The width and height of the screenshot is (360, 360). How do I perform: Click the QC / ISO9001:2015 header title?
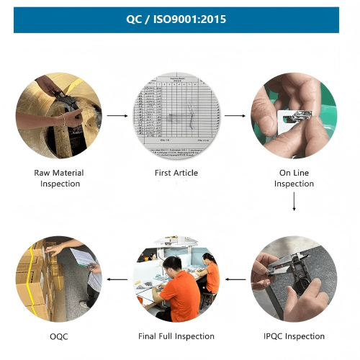[x=176, y=19]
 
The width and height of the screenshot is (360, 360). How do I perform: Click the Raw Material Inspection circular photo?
[x=59, y=115]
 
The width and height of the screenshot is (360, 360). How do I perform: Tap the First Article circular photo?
[x=176, y=115]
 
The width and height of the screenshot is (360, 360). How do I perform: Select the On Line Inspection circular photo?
[x=294, y=115]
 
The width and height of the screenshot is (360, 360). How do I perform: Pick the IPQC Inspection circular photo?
[x=294, y=278]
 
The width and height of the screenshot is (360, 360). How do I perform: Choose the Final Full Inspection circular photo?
[x=176, y=278]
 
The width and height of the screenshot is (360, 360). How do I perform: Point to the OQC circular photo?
[x=59, y=278]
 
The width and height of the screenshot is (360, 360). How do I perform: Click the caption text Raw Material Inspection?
[x=59, y=178]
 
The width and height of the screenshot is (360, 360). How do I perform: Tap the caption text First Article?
[x=176, y=173]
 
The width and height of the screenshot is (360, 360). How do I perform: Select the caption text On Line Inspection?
[x=294, y=178]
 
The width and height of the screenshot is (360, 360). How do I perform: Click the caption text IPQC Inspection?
[x=294, y=336]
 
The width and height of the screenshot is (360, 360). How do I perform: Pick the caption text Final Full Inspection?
[x=176, y=336]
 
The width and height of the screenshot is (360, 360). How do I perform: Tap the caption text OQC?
[x=59, y=336]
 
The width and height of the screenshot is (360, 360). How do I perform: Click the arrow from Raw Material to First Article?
[x=117, y=115]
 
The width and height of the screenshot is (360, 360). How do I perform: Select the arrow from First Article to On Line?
[x=235, y=115]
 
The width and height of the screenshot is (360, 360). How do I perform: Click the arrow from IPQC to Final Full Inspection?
[x=235, y=278]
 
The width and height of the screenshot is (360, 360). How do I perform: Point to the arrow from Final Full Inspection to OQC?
[x=117, y=278]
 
